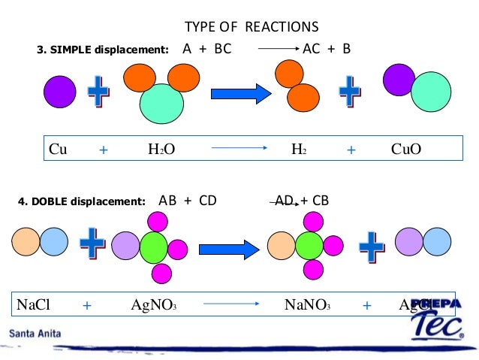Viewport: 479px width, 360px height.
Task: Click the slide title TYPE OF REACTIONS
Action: tap(252, 27)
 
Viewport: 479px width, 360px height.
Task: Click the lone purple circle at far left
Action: tap(59, 92)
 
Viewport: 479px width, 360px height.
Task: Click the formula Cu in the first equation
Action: tap(58, 150)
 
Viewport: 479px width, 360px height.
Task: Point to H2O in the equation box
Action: tap(161, 150)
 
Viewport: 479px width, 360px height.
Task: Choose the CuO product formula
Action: tap(406, 150)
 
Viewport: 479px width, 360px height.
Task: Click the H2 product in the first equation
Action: tap(299, 150)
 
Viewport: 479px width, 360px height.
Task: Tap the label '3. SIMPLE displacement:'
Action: tap(103, 50)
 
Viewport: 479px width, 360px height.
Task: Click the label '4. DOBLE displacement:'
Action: tap(81, 201)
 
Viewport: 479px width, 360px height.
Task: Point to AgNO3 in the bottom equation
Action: tap(153, 305)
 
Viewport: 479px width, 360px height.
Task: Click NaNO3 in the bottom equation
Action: tap(307, 305)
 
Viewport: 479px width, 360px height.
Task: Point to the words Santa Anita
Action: tap(36, 332)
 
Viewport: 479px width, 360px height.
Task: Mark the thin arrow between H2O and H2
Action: tap(239, 150)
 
